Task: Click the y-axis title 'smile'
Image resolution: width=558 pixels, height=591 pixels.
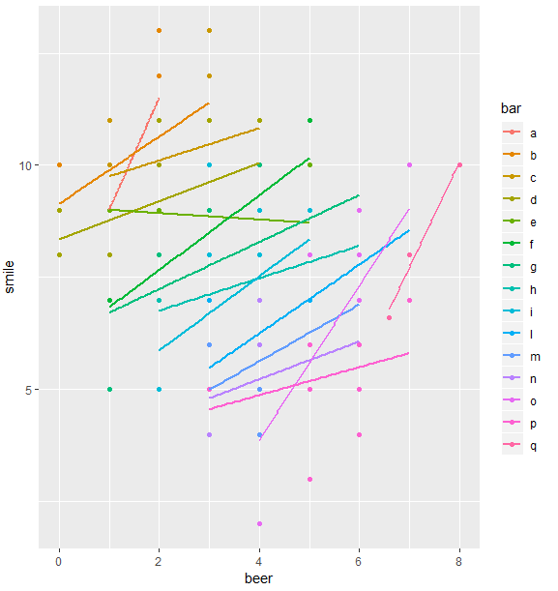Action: click(x=12, y=278)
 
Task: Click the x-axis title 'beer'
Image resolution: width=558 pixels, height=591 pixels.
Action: click(x=259, y=577)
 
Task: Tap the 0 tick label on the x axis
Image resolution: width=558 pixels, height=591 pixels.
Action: click(x=59, y=559)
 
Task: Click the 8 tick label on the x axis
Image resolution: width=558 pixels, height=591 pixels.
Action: click(x=459, y=559)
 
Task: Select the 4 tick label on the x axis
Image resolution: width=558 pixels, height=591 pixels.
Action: click(x=259, y=559)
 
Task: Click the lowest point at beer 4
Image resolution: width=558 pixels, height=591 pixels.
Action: click(x=259, y=524)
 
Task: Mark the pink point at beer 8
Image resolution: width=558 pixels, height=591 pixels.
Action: click(x=459, y=165)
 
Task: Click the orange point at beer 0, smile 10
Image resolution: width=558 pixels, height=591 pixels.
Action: click(x=59, y=165)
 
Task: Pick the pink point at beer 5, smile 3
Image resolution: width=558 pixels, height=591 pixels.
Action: click(x=309, y=479)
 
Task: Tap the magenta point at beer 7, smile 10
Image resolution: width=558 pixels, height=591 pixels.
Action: click(x=409, y=165)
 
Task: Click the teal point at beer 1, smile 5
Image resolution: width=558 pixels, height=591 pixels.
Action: click(x=109, y=390)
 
